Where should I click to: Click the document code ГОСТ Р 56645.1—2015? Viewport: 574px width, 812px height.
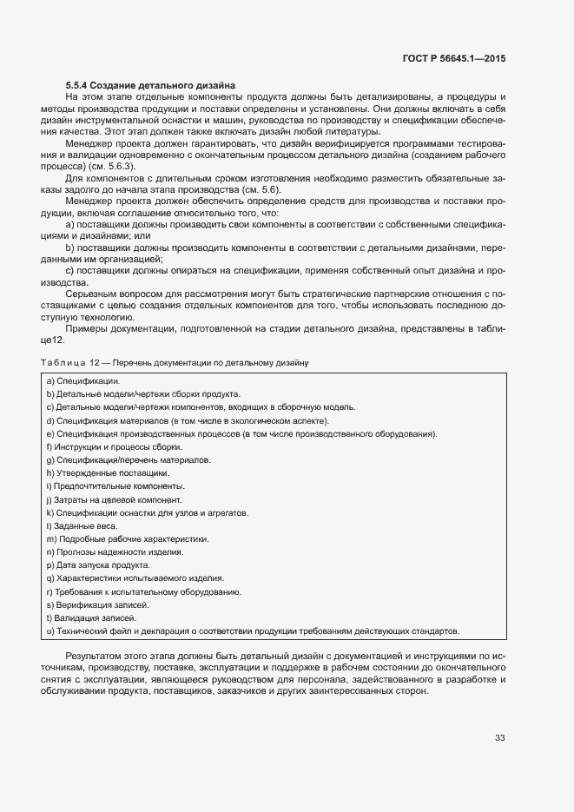[454, 58]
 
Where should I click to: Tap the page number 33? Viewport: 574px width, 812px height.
[499, 738]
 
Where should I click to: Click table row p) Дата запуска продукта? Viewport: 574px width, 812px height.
[96, 564]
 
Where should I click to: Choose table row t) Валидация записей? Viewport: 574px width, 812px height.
[91, 617]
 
